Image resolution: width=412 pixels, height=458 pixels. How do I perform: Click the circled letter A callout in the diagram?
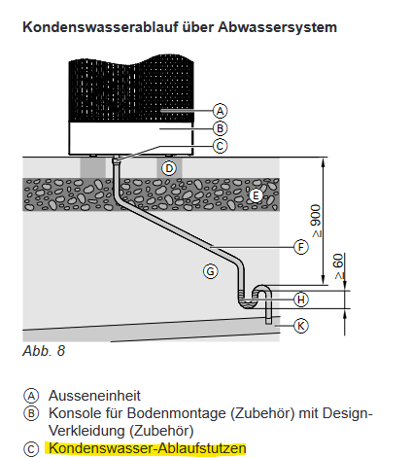(x=221, y=110)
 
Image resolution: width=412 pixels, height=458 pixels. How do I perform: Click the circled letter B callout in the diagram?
(x=221, y=127)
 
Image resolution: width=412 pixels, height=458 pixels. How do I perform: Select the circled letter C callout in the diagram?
(x=221, y=146)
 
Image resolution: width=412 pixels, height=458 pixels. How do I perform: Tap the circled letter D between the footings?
(x=169, y=168)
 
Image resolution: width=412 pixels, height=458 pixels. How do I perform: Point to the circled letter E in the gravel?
(x=257, y=194)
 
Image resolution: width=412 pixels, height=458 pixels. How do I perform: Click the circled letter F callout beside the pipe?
(x=301, y=247)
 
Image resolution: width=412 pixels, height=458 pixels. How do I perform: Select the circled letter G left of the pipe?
(x=210, y=271)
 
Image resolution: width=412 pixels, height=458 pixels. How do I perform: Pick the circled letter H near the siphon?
(x=301, y=299)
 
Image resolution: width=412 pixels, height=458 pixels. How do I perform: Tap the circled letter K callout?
(x=301, y=325)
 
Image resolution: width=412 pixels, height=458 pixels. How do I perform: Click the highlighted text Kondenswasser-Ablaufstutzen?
(x=148, y=448)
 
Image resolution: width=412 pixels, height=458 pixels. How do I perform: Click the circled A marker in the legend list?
(x=31, y=396)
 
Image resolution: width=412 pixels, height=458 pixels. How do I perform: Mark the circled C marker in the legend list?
(x=31, y=448)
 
